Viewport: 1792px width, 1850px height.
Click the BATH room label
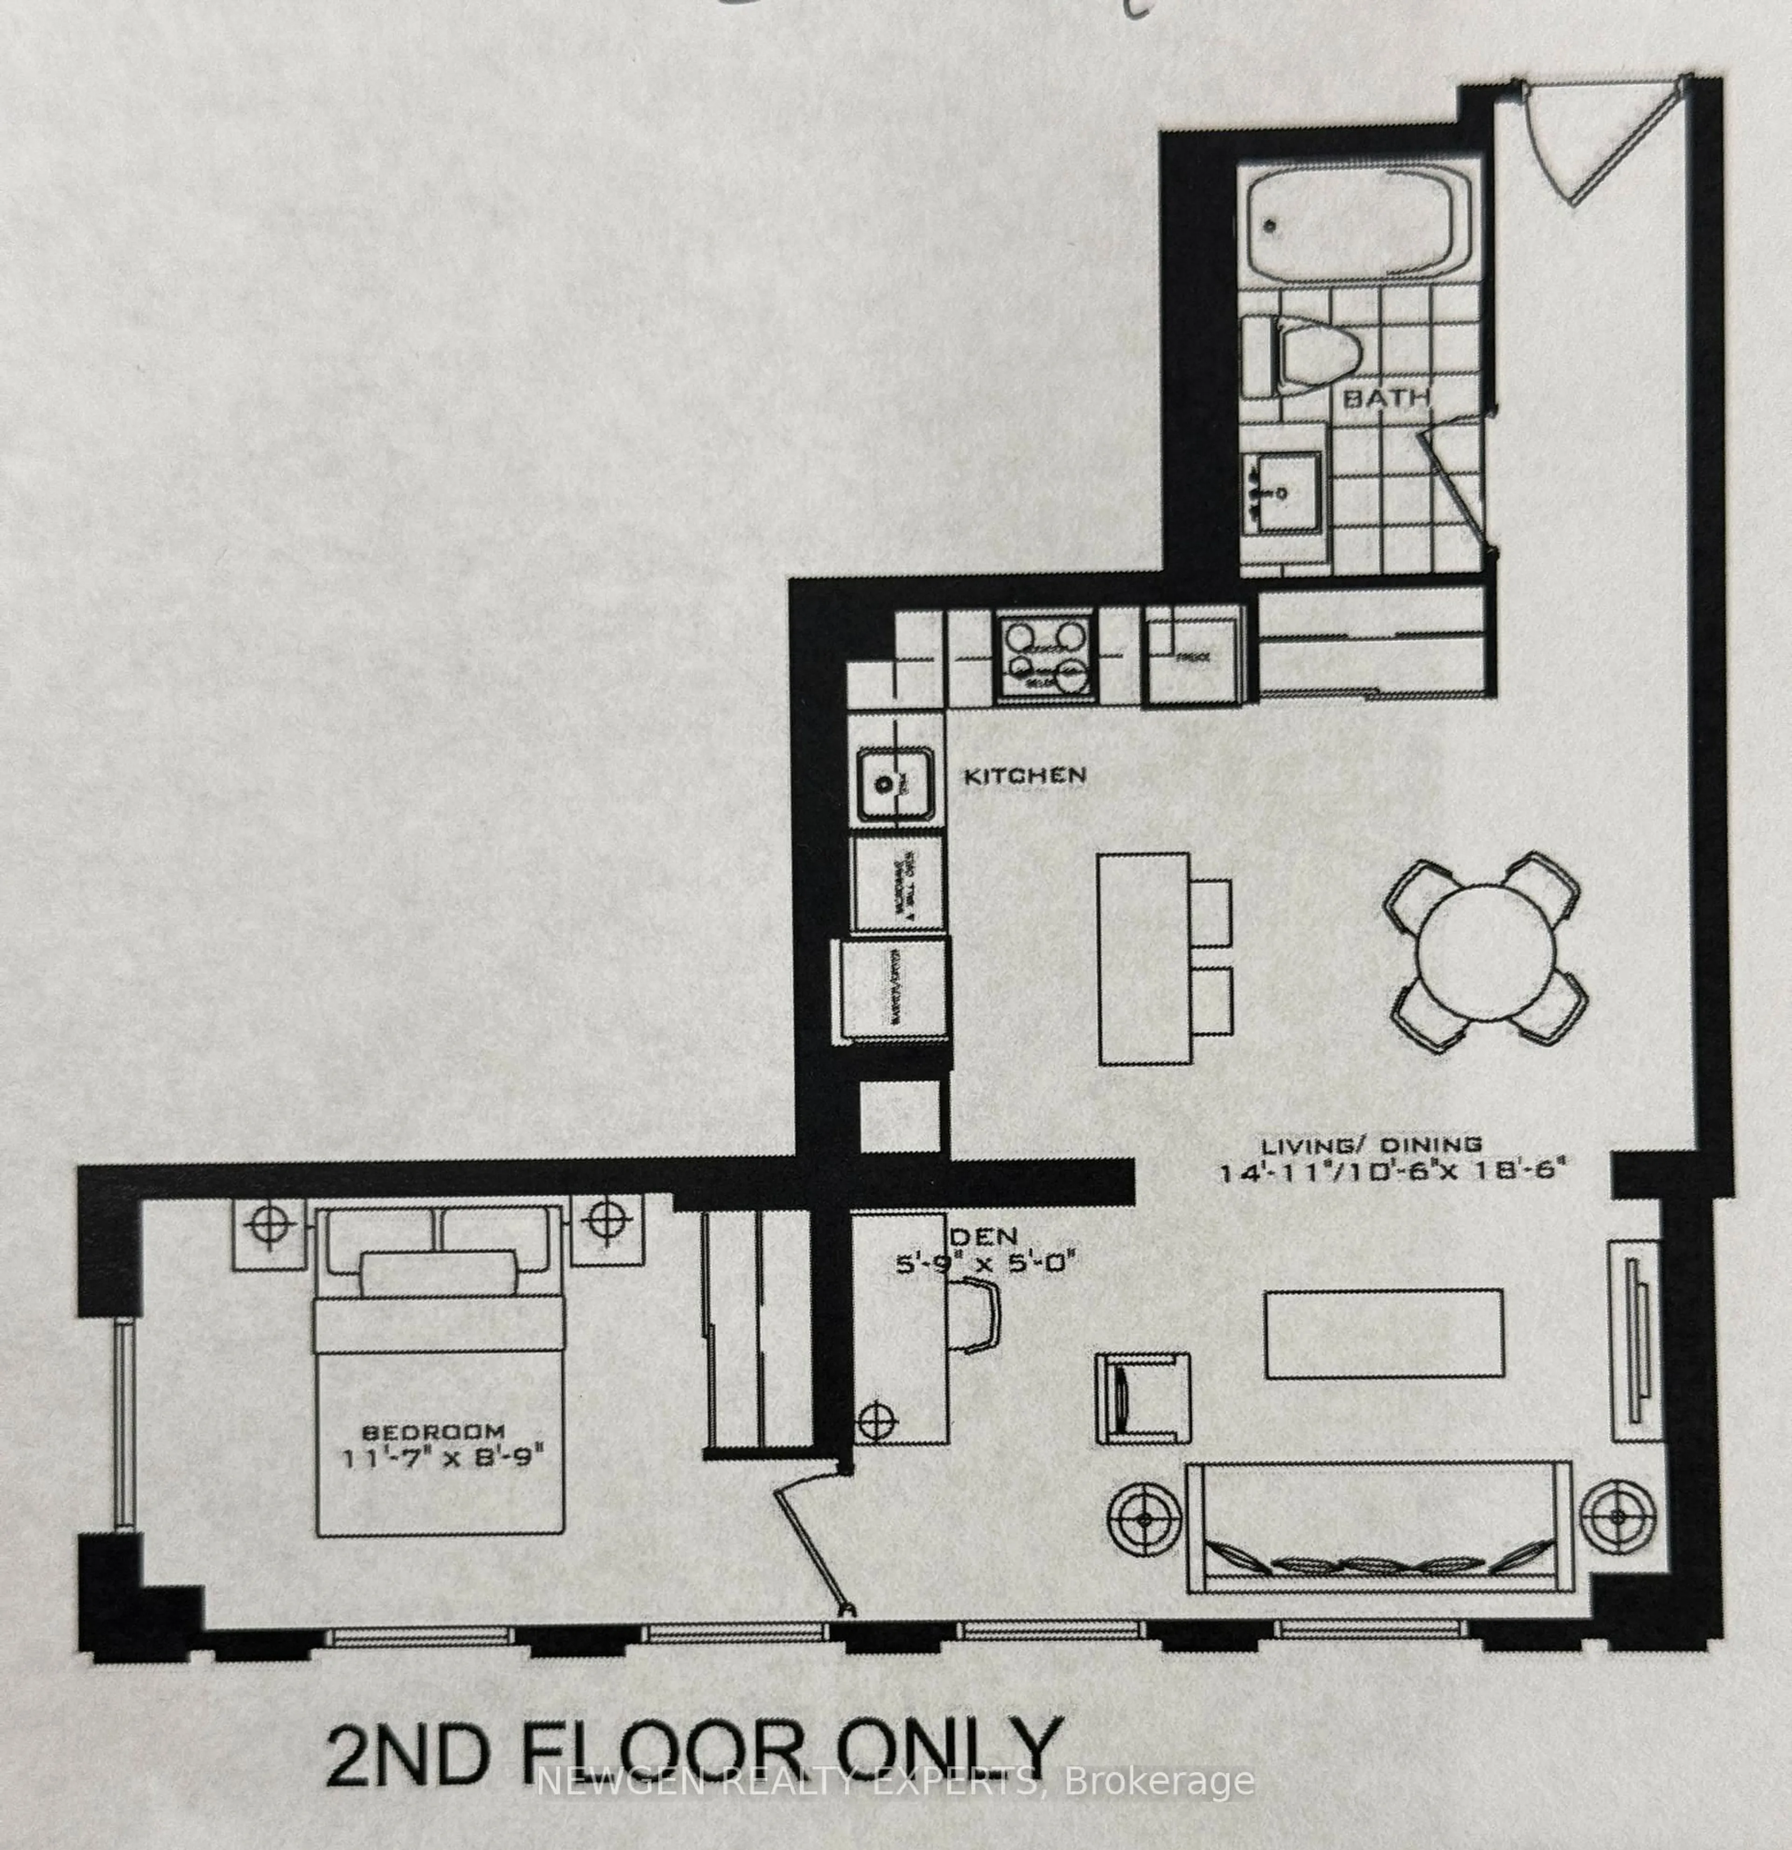pos(1385,397)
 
